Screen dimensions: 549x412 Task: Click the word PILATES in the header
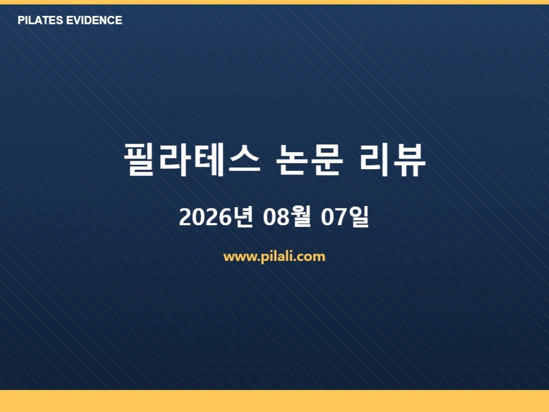(40, 20)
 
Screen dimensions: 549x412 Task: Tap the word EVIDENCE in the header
(94, 20)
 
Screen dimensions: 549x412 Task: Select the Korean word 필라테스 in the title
(192, 160)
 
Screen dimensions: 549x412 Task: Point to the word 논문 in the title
(309, 160)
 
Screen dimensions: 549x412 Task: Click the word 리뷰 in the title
(392, 160)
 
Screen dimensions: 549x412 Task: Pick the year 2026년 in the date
(216, 217)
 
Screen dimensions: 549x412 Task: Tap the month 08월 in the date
(287, 217)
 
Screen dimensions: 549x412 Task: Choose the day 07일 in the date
(345, 217)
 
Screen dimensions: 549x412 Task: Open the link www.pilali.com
(274, 256)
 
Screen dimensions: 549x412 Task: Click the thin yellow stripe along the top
(274, 2)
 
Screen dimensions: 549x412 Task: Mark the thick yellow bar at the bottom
(274, 401)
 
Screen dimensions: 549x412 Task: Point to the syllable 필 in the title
(139, 160)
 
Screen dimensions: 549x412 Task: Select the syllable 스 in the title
(245, 160)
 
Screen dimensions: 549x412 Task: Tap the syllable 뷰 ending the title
(409, 160)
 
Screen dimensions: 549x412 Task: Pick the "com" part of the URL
(312, 257)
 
